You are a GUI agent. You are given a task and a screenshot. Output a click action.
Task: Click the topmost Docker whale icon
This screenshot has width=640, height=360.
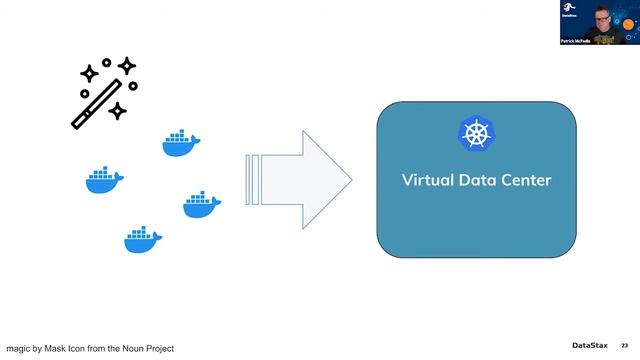(x=180, y=143)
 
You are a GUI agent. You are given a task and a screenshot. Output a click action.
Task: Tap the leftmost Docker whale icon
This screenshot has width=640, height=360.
(x=104, y=180)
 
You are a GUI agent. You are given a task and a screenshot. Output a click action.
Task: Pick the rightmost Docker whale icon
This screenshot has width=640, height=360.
(x=201, y=205)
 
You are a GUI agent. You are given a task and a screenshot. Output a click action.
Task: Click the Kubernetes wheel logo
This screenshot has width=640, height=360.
(x=476, y=133)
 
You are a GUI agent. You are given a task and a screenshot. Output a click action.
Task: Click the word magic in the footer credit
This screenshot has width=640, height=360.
(x=20, y=348)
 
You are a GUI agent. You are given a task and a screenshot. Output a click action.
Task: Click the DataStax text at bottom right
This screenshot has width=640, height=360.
(x=591, y=346)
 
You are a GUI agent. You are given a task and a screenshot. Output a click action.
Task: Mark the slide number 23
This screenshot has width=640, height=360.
(x=625, y=346)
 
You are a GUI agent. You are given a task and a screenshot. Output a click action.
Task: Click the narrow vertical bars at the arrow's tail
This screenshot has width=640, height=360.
(x=253, y=181)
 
